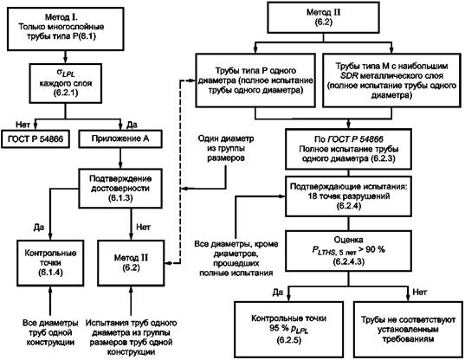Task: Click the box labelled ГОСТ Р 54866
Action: pos(36,138)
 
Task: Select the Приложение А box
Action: pos(120,138)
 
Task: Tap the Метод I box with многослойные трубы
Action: pos(65,29)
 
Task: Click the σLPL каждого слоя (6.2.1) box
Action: pos(66,83)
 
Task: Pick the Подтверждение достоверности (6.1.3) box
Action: pos(120,189)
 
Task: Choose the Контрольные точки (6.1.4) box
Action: pos(50,263)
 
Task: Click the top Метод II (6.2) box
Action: pos(323,17)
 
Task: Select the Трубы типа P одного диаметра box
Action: pos(255,80)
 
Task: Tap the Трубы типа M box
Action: pos(391,80)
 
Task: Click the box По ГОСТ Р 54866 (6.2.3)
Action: pos(348,149)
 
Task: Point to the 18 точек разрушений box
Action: pos(348,196)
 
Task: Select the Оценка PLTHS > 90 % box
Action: pos(348,251)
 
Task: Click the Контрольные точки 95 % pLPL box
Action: pos(289,329)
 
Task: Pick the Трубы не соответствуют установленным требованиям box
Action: pos(408,329)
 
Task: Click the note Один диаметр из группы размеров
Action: pos(226,148)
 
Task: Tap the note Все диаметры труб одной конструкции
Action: pos(50,332)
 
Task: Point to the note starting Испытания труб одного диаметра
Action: pos(131,337)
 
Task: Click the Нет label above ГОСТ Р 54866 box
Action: pos(23,125)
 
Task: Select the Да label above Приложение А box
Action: pos(132,125)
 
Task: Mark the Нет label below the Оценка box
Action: pos(420,292)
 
